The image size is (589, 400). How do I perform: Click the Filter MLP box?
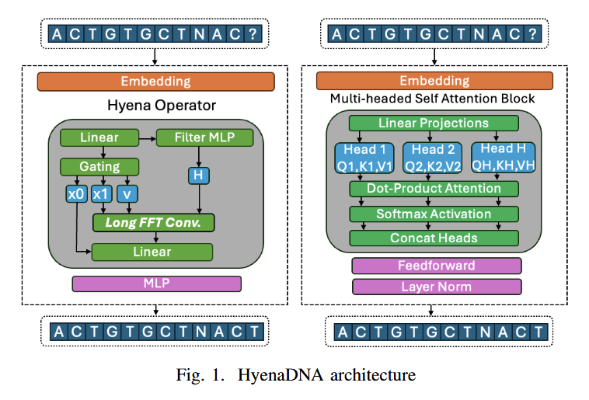(x=204, y=138)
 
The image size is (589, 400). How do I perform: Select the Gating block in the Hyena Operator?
(x=99, y=166)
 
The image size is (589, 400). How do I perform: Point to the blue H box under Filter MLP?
(x=198, y=176)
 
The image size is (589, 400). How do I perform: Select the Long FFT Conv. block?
(x=153, y=223)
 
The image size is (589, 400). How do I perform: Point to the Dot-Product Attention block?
(x=434, y=189)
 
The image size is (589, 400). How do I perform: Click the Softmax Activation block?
(x=434, y=214)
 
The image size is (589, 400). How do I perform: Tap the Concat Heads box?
(x=434, y=238)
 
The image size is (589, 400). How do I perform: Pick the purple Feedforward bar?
(x=437, y=266)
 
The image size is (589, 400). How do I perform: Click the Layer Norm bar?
(x=437, y=287)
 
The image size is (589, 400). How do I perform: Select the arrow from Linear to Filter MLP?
(x=148, y=138)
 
